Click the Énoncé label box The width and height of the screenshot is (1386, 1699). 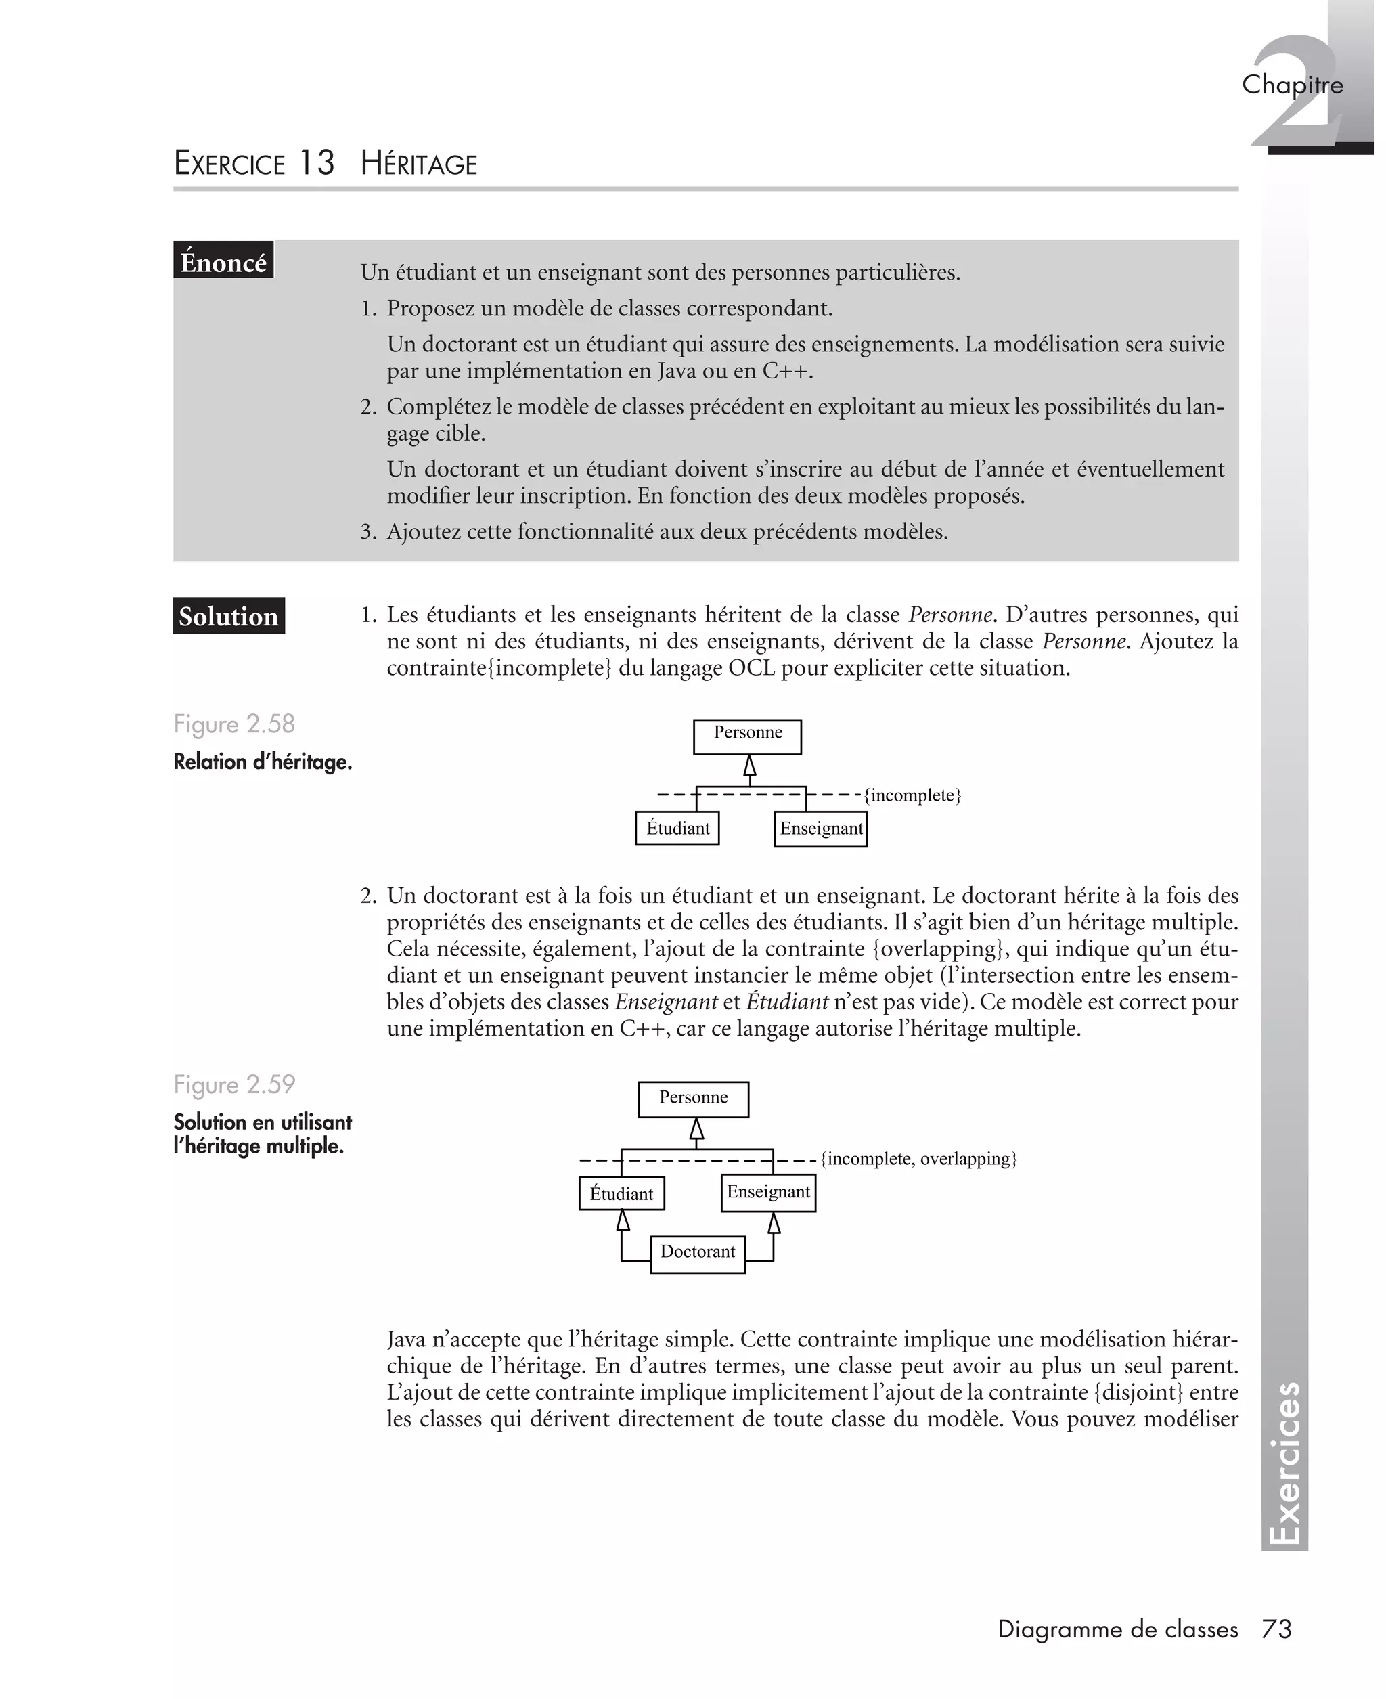click(223, 261)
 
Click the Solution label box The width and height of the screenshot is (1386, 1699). click(228, 617)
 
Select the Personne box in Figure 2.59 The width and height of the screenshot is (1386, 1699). click(693, 1099)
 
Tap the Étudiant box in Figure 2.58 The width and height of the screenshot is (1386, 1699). click(677, 828)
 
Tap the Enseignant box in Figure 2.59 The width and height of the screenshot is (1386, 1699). click(768, 1193)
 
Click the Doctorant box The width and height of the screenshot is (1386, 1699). click(697, 1254)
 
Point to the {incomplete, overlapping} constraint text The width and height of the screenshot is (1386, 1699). click(918, 1158)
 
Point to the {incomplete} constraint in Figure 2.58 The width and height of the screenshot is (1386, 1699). click(912, 795)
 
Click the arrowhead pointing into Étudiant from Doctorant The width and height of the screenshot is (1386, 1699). click(623, 1220)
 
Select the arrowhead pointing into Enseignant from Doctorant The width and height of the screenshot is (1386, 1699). click(773, 1222)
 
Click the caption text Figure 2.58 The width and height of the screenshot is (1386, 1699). click(234, 724)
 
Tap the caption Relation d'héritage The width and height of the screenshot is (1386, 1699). click(263, 762)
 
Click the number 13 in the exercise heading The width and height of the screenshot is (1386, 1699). click(317, 163)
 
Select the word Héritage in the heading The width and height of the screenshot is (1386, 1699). click(418, 164)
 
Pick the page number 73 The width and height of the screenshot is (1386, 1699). click(1276, 1629)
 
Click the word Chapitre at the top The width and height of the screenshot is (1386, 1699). click(1292, 85)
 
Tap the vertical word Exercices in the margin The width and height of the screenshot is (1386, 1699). click(1284, 1464)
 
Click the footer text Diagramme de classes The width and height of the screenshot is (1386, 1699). click(1118, 1629)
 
